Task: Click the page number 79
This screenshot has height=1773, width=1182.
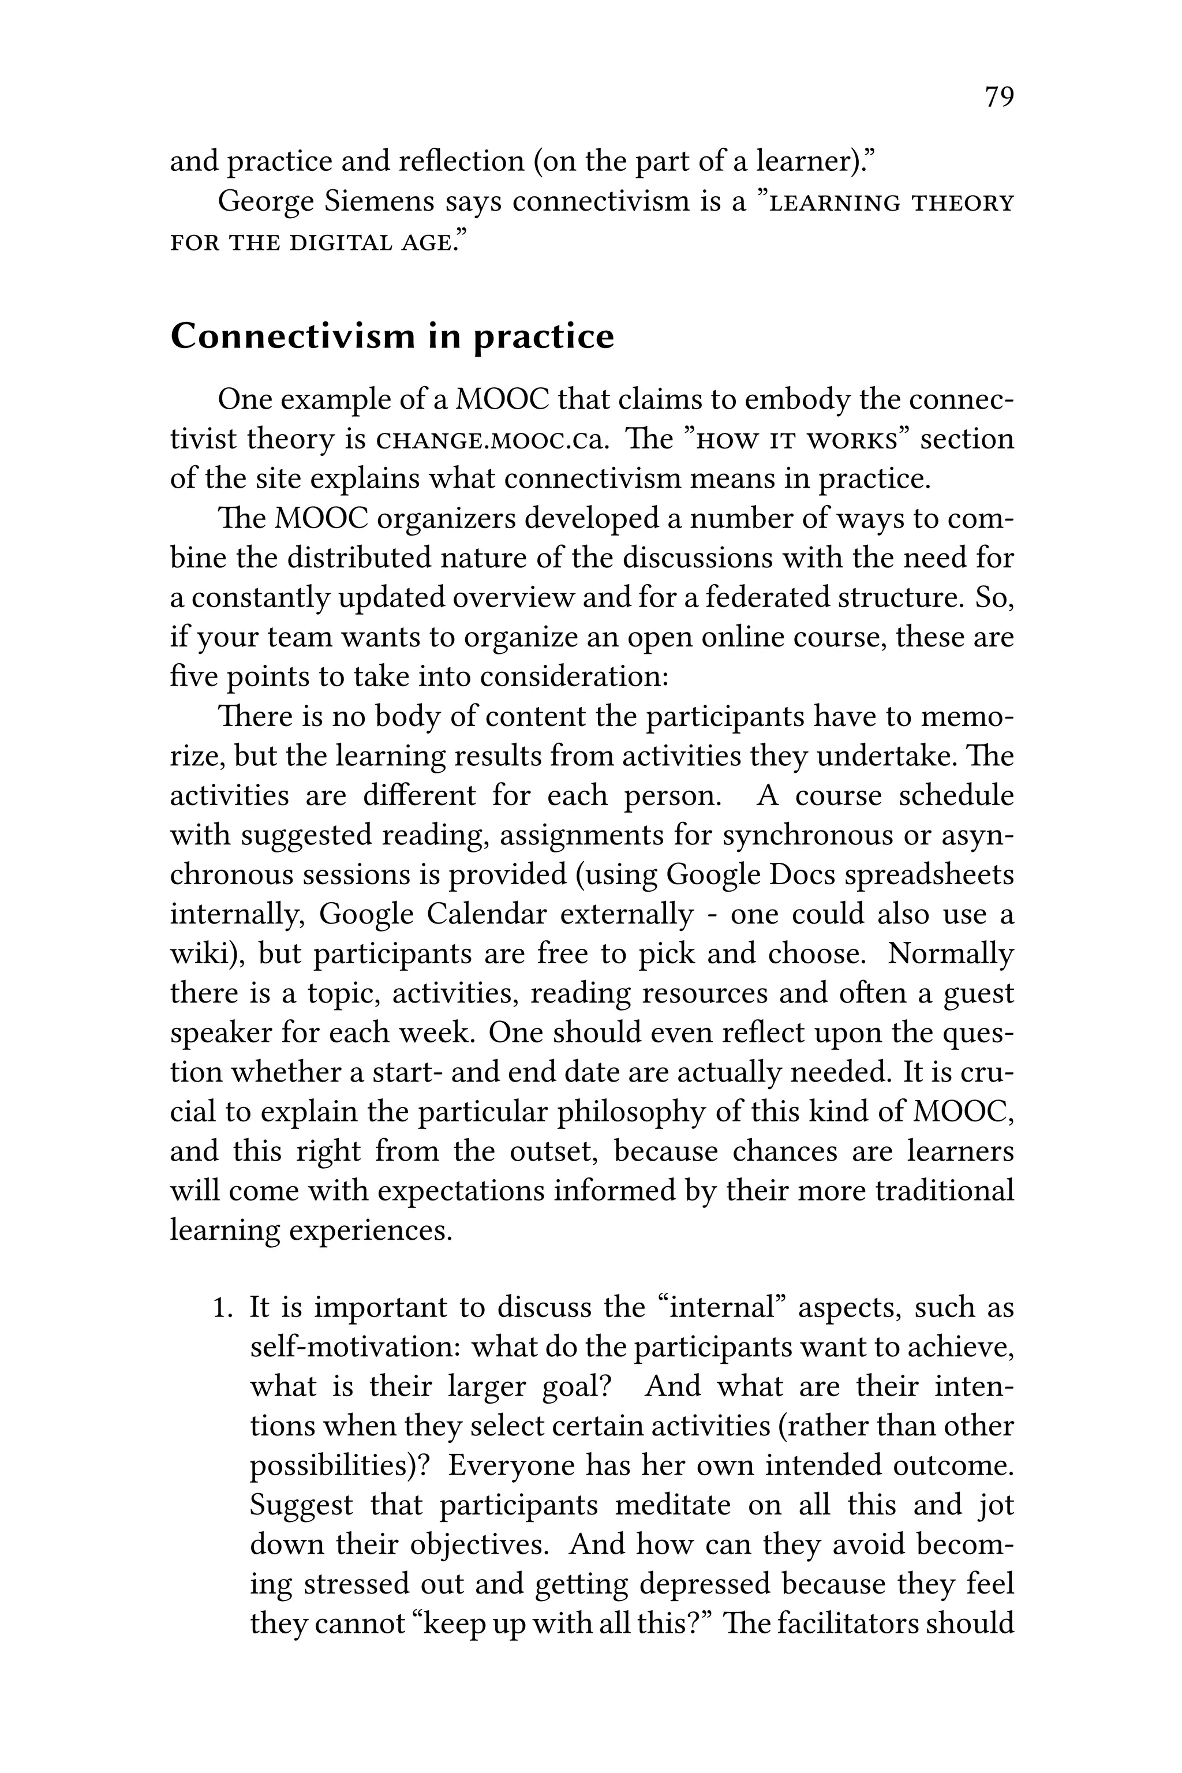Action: pos(999,97)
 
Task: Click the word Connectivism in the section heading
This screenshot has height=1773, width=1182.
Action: pos(291,336)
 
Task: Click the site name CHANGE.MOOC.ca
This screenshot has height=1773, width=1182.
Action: pos(491,439)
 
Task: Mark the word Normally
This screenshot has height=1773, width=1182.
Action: pos(951,953)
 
